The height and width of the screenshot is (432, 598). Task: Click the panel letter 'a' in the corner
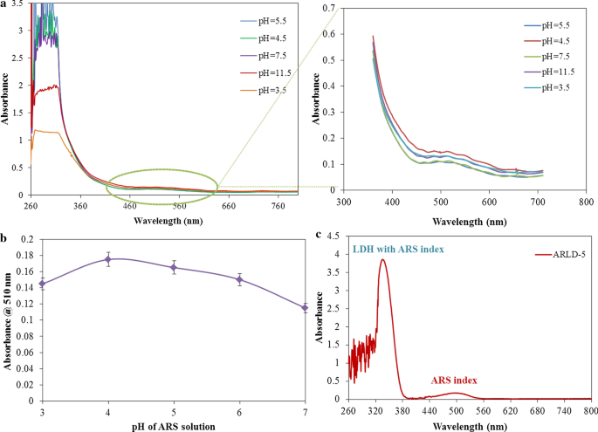pos(4,4)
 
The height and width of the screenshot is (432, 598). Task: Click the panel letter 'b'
pos(4,236)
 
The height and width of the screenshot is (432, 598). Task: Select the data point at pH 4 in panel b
pos(107,259)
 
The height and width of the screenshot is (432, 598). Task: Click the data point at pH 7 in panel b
pos(305,307)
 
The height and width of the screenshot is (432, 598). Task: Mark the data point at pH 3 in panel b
pos(42,283)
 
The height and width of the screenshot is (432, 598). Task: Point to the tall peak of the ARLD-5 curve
pos(382,259)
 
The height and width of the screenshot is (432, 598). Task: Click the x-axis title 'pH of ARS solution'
pos(173,425)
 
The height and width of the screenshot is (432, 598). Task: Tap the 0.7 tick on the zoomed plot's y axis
pos(334,9)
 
